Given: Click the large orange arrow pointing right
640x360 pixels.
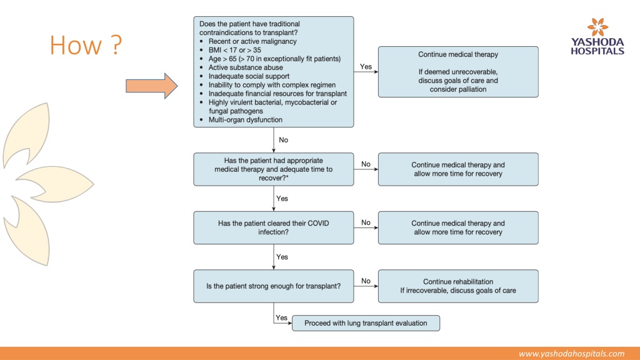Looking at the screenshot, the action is [151, 86].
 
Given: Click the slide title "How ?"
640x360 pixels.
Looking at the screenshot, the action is [86, 45].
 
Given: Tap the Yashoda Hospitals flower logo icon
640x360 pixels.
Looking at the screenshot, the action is [597, 27].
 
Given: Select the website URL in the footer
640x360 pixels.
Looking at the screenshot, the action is [571, 354].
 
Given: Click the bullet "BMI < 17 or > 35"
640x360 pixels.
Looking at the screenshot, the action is [235, 50].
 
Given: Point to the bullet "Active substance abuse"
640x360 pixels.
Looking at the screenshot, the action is [246, 67].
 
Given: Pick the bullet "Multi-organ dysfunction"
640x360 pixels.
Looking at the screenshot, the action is [245, 119].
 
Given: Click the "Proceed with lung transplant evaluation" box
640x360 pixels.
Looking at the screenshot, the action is [366, 323].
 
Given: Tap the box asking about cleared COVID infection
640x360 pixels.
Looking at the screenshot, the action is [274, 227].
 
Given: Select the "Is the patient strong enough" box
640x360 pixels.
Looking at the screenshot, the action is [274, 286].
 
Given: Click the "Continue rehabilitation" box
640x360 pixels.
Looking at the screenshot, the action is [458, 286].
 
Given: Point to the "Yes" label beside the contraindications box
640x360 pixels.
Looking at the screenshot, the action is [366, 66].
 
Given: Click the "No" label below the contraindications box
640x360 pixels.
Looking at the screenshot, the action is [283, 140].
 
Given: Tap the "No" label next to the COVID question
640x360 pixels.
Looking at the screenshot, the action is [366, 222].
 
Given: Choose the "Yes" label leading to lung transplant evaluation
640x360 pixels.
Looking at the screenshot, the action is [281, 317].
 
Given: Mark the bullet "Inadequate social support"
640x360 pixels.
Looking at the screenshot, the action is [249, 76].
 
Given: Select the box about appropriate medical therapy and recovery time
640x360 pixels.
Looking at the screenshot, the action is [274, 169].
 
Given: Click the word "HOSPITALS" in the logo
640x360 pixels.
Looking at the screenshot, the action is [597, 51].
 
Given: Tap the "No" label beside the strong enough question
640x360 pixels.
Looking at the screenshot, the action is [366, 281].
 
